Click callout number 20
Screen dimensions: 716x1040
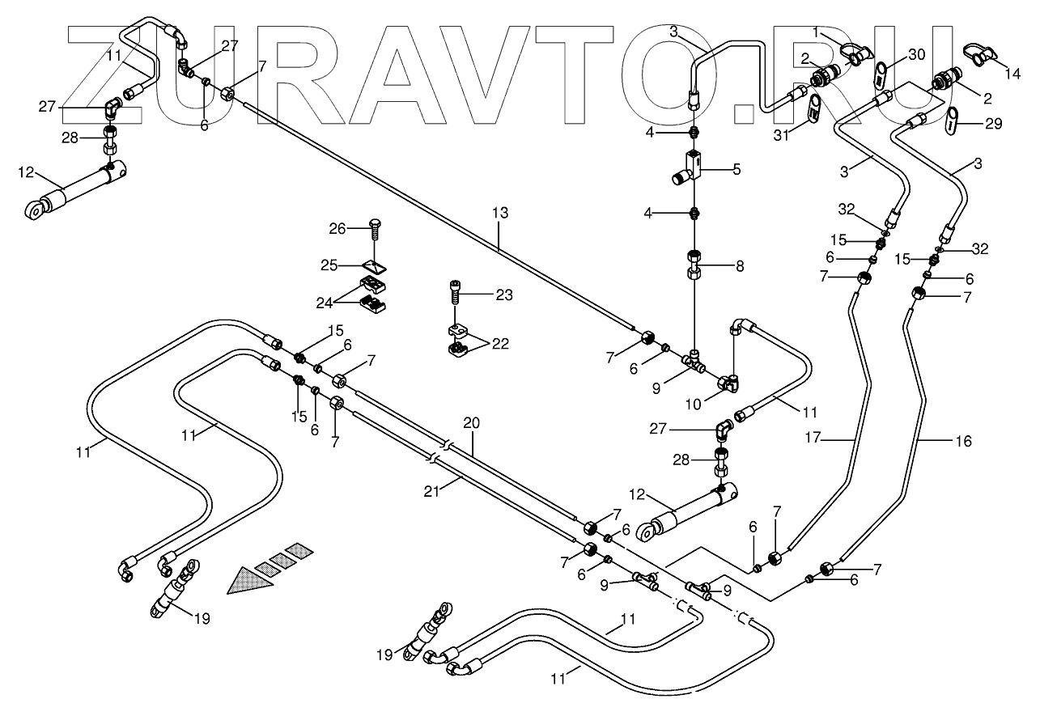click(x=471, y=422)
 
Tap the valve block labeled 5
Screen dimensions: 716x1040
click(x=687, y=170)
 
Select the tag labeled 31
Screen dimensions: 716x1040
click(x=814, y=111)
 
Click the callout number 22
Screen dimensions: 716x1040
click(x=499, y=344)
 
